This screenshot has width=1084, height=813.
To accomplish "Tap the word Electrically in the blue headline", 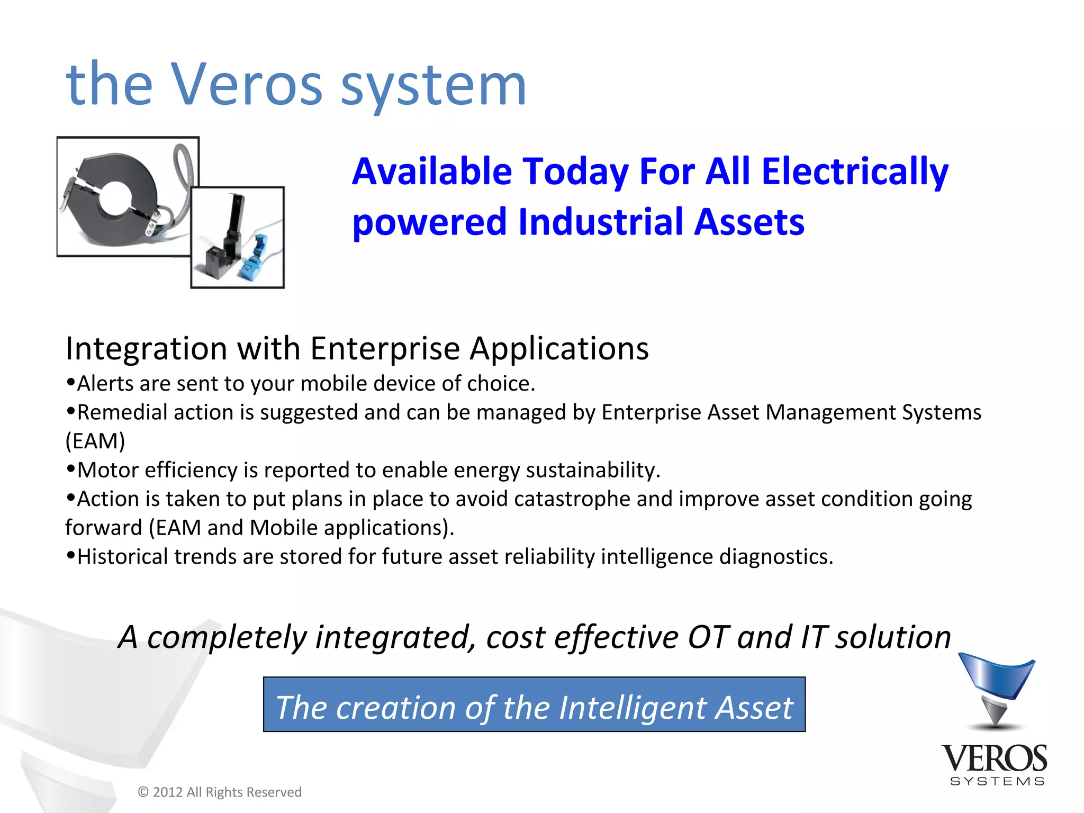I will [x=854, y=172].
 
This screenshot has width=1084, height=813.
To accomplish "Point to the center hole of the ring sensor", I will [x=115, y=197].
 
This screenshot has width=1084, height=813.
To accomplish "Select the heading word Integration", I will [x=146, y=348].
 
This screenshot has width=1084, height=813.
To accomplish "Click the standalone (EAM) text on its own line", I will [x=95, y=441].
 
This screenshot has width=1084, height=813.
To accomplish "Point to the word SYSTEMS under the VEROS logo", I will [x=997, y=782].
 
